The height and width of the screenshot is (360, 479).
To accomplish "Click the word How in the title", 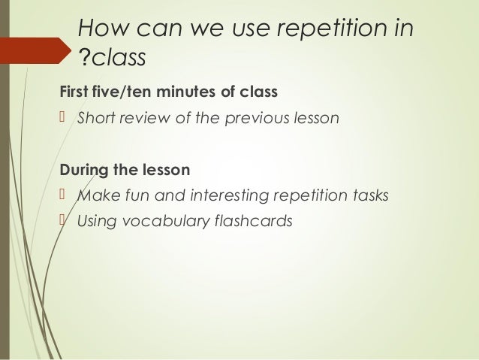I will (x=104, y=29).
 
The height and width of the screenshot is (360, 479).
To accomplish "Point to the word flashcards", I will (x=252, y=222).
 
